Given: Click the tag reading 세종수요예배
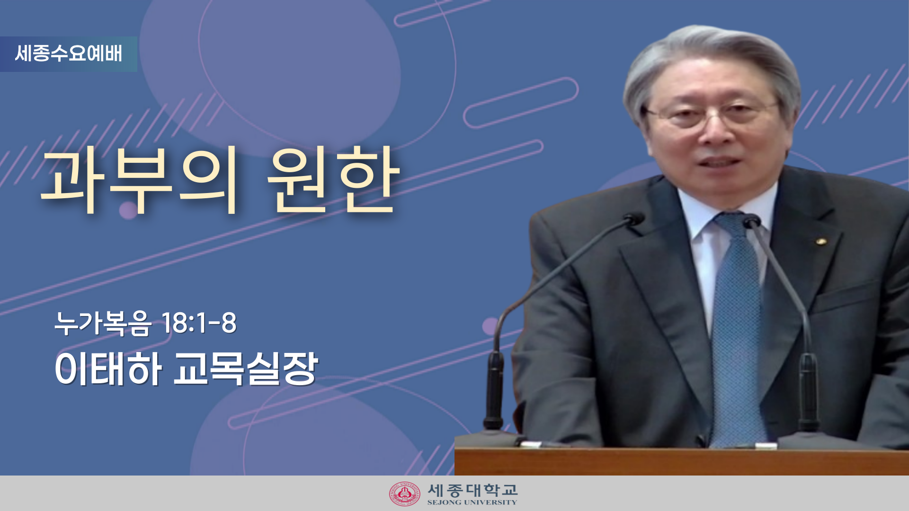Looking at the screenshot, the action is click(69, 53).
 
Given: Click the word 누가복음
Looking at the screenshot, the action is click(103, 323).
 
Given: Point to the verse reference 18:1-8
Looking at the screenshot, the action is click(199, 323).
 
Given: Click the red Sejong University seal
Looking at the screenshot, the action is click(405, 494).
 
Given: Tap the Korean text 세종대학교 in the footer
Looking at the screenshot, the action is click(472, 490).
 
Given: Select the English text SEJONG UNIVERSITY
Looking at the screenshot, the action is click(472, 502).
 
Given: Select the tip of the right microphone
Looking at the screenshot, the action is click(751, 221).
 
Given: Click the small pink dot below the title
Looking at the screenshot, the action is click(128, 210).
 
